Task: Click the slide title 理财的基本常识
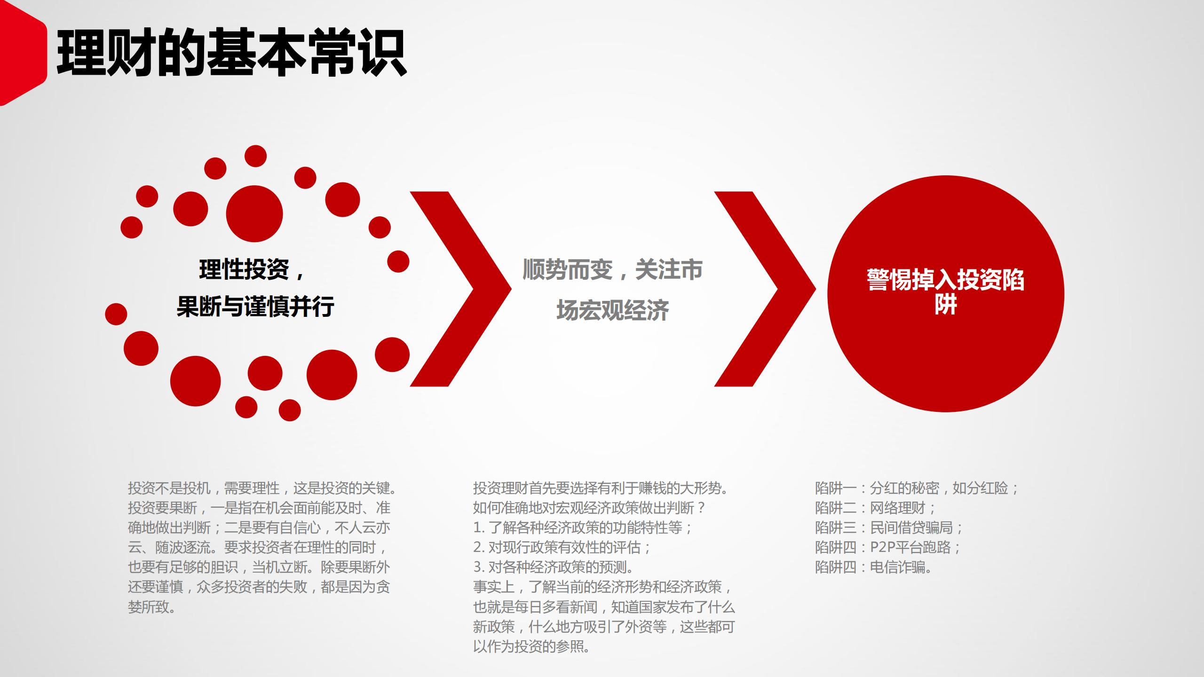(x=231, y=53)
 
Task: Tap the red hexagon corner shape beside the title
(x=21, y=54)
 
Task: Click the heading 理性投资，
(x=252, y=270)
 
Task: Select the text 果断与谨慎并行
(x=255, y=307)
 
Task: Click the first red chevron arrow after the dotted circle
(x=463, y=289)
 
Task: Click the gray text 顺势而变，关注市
(x=612, y=270)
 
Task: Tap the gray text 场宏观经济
(x=612, y=310)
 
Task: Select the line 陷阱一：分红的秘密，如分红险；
(x=917, y=488)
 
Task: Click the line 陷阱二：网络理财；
(x=876, y=508)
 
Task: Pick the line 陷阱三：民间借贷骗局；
(x=889, y=527)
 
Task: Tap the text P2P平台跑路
(x=910, y=547)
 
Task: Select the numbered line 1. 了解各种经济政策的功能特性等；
(x=583, y=527)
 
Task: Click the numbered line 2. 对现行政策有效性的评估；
(x=562, y=547)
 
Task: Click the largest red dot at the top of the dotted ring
(x=254, y=214)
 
